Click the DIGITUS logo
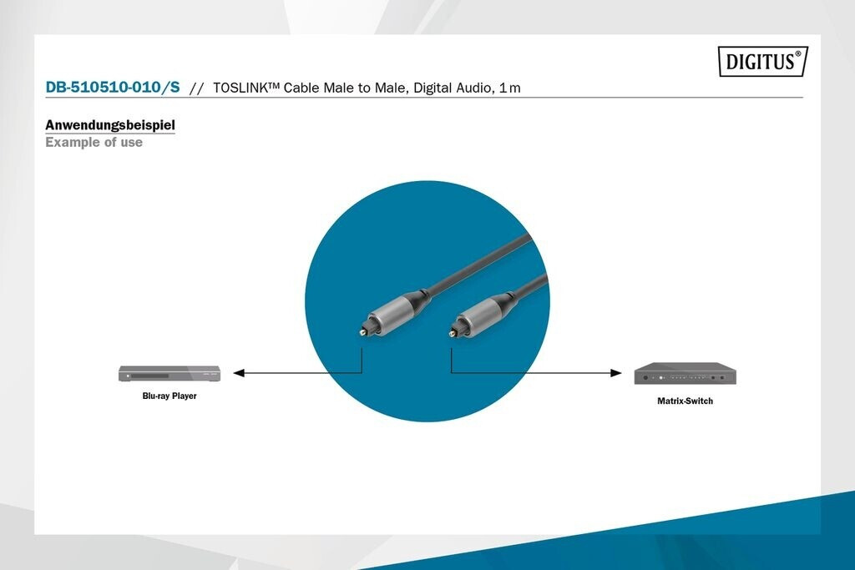[763, 61]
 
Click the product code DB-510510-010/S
[113, 87]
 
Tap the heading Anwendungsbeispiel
[110, 125]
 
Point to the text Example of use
[94, 142]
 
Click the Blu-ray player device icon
[169, 373]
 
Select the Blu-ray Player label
[169, 396]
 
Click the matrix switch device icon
[685, 374]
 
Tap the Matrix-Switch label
[685, 401]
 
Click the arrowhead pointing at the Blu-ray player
[239, 373]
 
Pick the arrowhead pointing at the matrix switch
[615, 373]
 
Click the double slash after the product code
[196, 88]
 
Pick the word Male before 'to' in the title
[339, 88]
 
